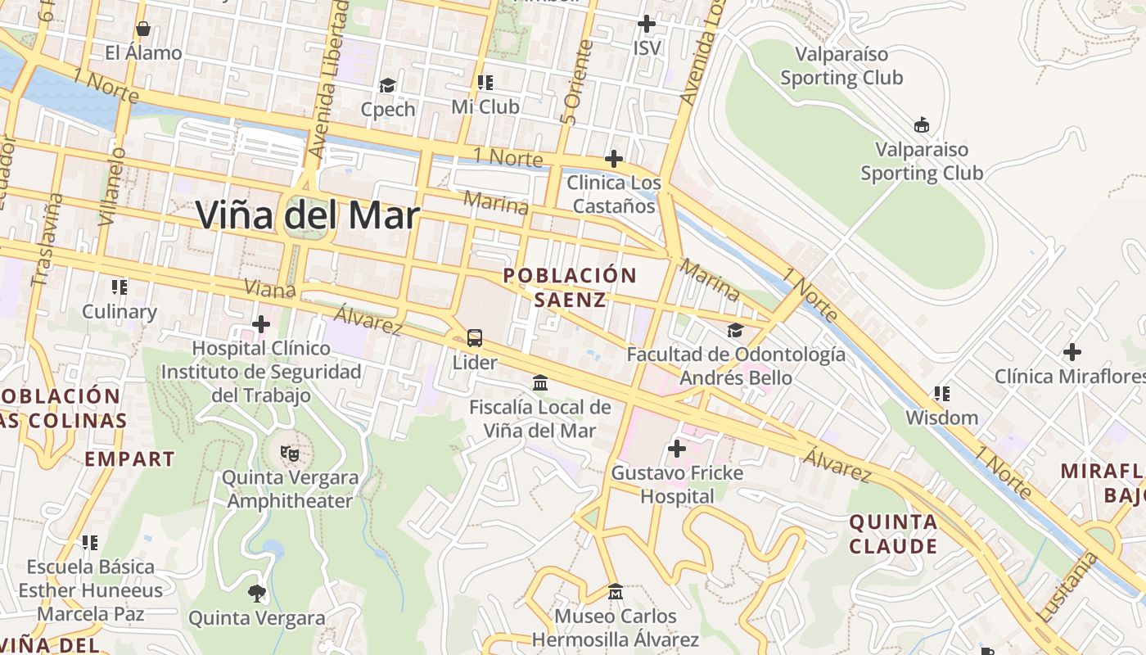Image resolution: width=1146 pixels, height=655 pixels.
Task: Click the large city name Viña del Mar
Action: coord(308,215)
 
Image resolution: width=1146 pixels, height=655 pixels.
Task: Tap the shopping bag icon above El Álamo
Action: coord(143,29)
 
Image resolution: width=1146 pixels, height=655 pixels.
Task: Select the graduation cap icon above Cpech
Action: coord(387,85)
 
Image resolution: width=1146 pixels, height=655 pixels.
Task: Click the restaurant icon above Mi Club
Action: coord(485,83)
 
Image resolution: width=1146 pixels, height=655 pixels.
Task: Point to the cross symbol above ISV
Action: coord(647,24)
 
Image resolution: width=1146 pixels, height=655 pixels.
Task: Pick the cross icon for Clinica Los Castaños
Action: coord(614,158)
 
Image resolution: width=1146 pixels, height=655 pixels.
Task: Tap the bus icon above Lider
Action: coord(475,337)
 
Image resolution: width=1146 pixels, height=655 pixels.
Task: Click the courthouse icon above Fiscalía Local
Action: coord(540,382)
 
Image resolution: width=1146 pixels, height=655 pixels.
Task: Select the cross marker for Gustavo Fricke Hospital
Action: coord(677,449)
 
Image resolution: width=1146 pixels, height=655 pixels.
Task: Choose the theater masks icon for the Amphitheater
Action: coord(288,453)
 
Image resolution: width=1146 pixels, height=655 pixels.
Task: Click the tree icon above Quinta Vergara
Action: coord(257,593)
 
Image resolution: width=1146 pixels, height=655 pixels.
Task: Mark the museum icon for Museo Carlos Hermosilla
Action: coord(616,591)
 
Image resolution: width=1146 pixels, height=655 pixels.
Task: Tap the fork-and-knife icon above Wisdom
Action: coord(942,394)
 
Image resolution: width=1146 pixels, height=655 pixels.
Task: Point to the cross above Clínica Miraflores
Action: coord(1072,353)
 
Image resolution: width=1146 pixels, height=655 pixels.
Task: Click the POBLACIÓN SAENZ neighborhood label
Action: coord(571,287)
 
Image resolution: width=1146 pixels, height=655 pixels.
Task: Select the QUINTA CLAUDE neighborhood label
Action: coord(893,534)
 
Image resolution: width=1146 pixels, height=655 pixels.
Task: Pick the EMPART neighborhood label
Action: coord(130,458)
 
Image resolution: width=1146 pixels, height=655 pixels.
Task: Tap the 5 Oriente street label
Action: coord(577,83)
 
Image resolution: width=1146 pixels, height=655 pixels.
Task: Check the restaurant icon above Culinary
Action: coord(120,287)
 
